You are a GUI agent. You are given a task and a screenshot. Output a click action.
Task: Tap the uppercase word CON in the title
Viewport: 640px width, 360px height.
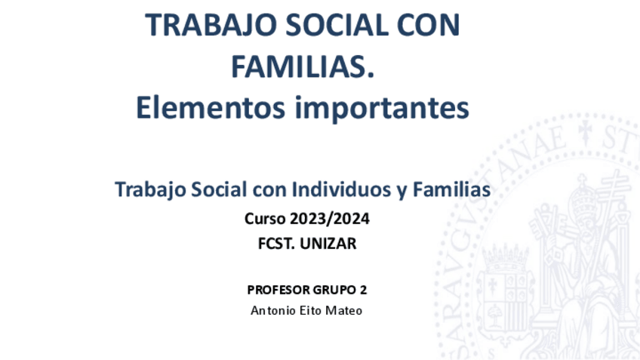click(x=428, y=25)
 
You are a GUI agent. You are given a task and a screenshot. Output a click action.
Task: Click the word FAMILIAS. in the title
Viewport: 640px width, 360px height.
click(x=303, y=66)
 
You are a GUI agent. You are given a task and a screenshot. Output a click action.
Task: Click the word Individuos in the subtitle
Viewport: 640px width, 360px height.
click(x=341, y=189)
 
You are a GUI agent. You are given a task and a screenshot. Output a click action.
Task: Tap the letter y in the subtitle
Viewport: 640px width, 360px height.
click(x=402, y=192)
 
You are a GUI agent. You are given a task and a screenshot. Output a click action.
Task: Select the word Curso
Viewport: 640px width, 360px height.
click(x=265, y=219)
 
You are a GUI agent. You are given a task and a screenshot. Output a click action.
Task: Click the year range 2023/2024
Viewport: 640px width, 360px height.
click(x=330, y=219)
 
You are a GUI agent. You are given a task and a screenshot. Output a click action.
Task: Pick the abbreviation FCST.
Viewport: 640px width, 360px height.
click(x=276, y=244)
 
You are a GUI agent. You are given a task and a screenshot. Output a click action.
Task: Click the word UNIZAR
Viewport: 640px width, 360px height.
click(x=328, y=244)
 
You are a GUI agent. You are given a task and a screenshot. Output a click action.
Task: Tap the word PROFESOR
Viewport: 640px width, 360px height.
click(x=278, y=290)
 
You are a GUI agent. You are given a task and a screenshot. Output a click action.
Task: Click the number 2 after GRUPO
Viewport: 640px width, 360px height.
click(x=363, y=290)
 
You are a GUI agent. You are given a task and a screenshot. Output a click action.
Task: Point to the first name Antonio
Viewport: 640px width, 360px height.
click(x=273, y=311)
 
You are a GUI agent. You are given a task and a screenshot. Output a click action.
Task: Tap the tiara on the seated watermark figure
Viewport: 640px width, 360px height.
click(x=583, y=196)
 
